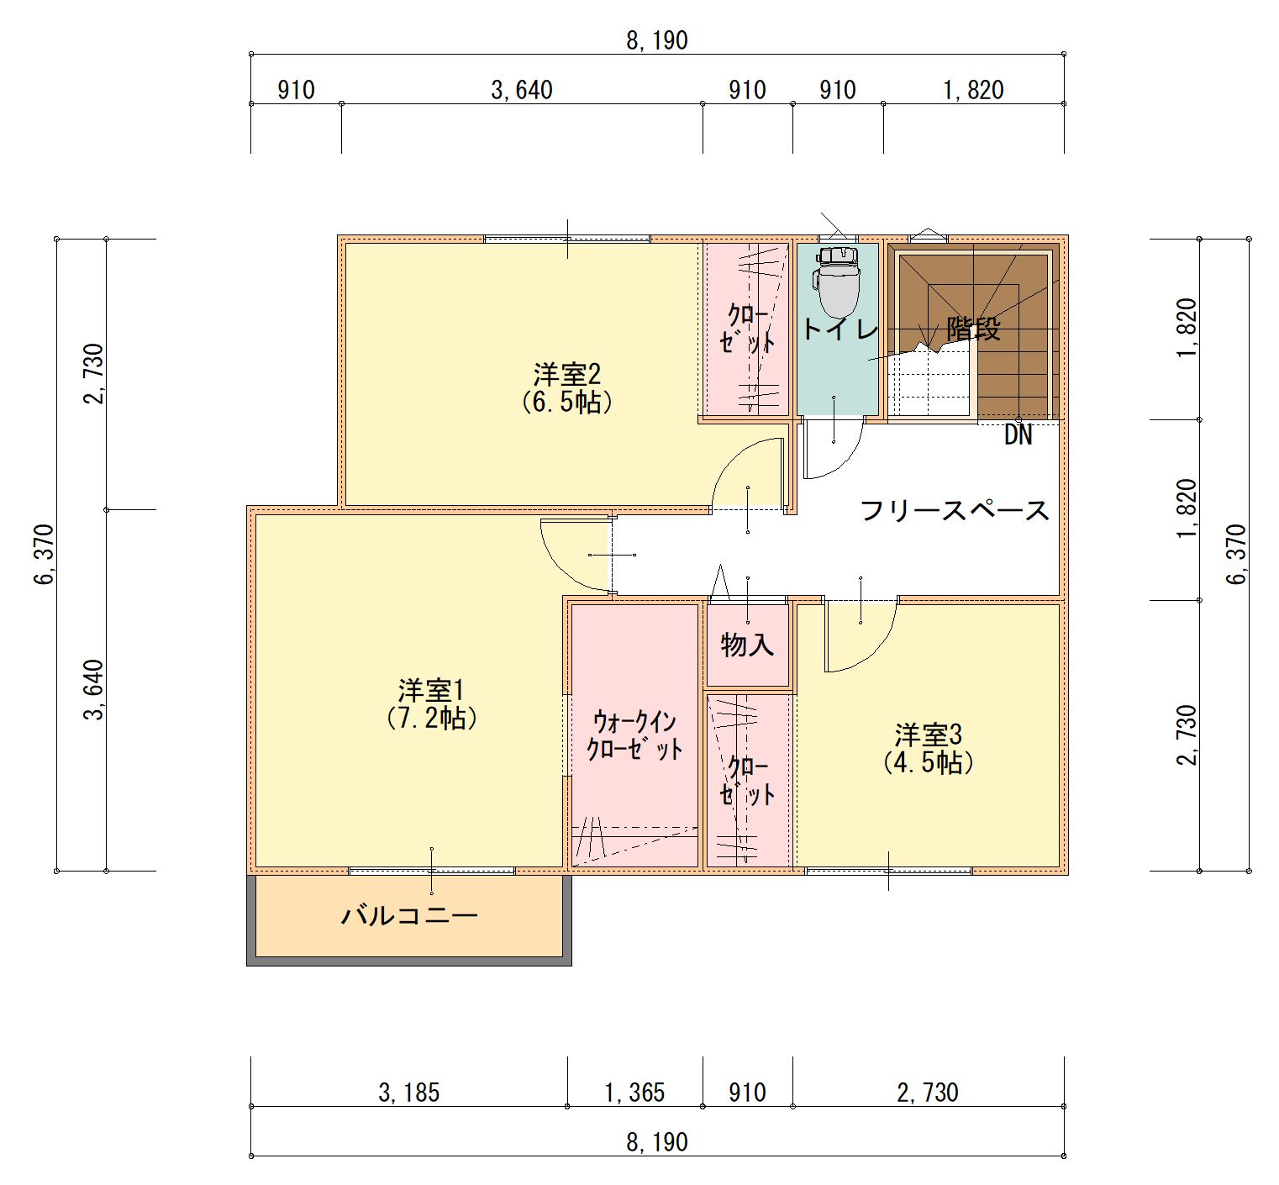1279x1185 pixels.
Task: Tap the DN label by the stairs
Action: [1018, 435]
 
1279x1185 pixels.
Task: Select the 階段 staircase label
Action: [974, 329]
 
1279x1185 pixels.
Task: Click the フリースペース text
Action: [955, 510]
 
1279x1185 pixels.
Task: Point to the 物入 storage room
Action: [748, 645]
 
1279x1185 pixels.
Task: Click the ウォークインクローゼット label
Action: [635, 735]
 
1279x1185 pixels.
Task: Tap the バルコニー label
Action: [409, 914]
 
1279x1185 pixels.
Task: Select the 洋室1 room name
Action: [431, 691]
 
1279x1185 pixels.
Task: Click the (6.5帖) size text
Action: [567, 402]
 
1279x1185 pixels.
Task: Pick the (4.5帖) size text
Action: [929, 762]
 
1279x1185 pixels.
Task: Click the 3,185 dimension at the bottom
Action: [409, 1092]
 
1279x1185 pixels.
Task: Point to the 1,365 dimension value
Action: [634, 1092]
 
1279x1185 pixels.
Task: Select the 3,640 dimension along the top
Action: [522, 89]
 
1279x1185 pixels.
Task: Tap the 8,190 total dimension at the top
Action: [657, 40]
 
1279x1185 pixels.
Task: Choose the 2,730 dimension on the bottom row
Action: [928, 1092]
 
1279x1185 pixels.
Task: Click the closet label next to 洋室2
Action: [748, 329]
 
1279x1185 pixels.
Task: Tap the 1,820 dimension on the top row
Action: [974, 89]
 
